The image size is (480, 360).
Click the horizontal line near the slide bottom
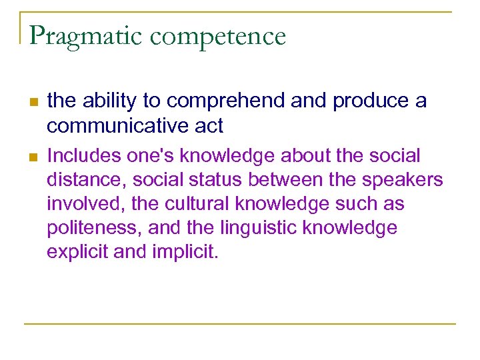(x=240, y=324)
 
